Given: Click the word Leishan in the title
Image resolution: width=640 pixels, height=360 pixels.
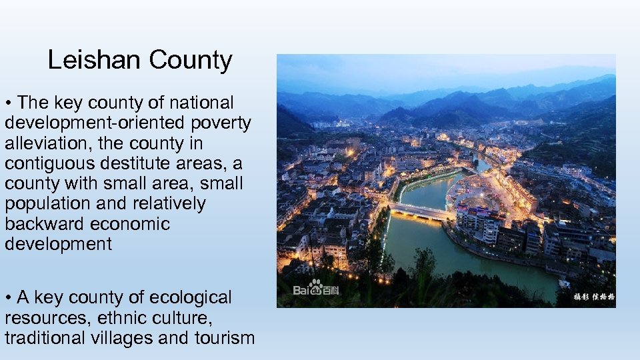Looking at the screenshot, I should pos(95,61).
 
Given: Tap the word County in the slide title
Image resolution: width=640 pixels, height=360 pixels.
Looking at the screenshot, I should pos(191,61).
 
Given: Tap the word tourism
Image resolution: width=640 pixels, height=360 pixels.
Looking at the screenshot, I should pos(225,338).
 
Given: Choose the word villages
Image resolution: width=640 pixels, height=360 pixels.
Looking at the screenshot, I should pos(123,338).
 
